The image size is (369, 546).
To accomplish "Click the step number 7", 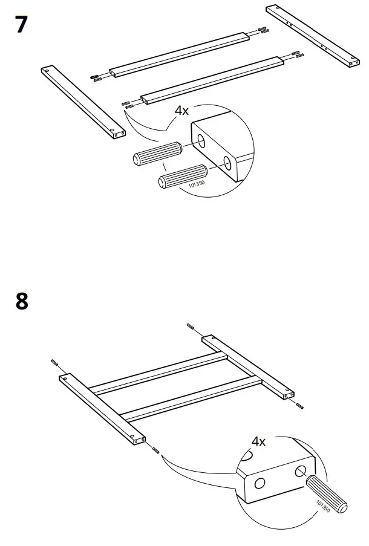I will pyautogui.click(x=21, y=26).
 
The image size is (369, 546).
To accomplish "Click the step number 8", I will pyautogui.click(x=21, y=300).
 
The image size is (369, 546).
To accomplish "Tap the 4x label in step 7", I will pyautogui.click(x=182, y=110).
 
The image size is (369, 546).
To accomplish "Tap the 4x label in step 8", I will pyautogui.click(x=258, y=441).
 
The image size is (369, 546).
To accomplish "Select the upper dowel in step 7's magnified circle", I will pyautogui.click(x=158, y=153).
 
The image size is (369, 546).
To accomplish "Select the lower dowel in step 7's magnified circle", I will pyautogui.click(x=181, y=176).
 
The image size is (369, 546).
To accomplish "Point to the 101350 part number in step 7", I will pyautogui.click(x=198, y=185).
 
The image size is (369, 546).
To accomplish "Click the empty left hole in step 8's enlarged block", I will pyautogui.click(x=260, y=483).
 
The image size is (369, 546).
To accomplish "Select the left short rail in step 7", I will pyautogui.click(x=83, y=101).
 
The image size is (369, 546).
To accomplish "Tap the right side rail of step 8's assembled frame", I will pyautogui.click(x=248, y=367).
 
